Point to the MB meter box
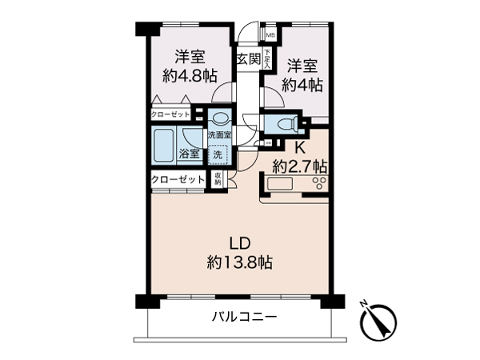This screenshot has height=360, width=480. (270, 35)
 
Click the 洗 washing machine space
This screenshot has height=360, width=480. (218, 154)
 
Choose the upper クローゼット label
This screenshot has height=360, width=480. (172, 114)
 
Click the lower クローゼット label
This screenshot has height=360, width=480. (178, 179)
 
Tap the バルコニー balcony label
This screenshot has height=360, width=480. (244, 318)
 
